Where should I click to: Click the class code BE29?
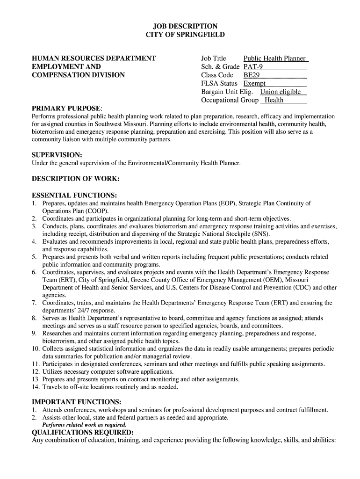coord(252,75)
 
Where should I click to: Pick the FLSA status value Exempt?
coord(255,83)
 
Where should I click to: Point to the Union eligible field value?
coord(281,92)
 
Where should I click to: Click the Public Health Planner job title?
coord(274,58)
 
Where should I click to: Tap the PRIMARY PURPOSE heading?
coord(66,109)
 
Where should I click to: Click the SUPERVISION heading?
coord(57,154)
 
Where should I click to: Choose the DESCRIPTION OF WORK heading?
coord(75,179)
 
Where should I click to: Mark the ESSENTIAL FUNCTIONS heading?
coord(74,195)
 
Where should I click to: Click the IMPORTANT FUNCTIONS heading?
coord(76,402)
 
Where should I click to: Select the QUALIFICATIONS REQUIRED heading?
coord(82,432)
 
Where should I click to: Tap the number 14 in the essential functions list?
coord(36,387)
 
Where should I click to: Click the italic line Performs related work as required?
coord(85,425)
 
